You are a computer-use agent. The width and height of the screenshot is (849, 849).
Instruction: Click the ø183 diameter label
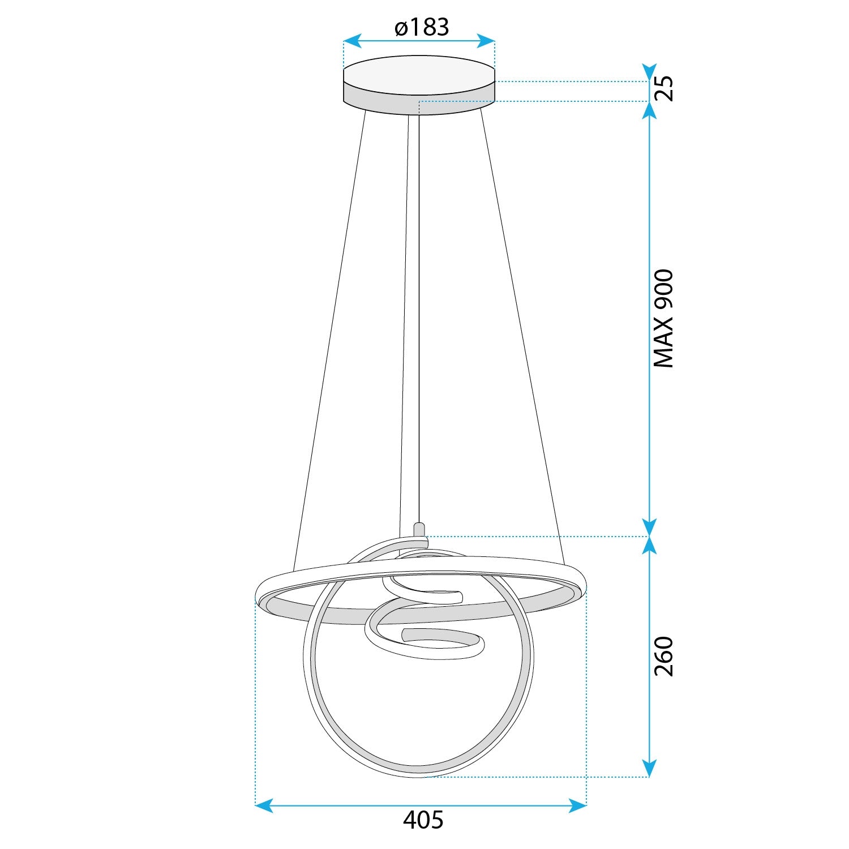click(x=422, y=27)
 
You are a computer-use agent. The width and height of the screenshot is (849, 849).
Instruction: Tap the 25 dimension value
click(x=664, y=88)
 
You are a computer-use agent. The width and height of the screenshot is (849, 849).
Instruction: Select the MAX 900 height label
click(x=664, y=319)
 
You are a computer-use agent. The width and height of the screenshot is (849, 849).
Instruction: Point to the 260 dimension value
click(x=664, y=657)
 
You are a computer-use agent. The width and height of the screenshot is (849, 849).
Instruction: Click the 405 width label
click(x=423, y=820)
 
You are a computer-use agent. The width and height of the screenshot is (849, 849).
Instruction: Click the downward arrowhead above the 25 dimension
click(x=650, y=72)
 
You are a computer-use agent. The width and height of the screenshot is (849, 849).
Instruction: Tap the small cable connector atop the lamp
click(x=419, y=530)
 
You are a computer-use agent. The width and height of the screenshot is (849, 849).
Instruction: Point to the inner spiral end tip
click(x=404, y=634)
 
